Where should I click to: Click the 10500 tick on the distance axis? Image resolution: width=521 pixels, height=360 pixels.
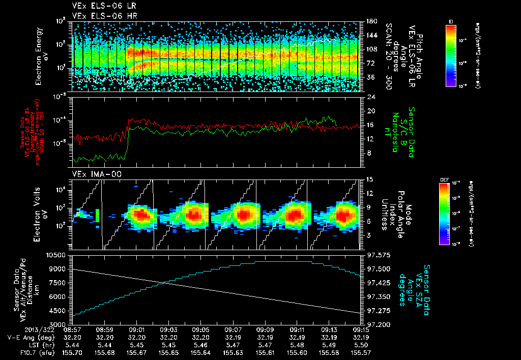tap(57, 254)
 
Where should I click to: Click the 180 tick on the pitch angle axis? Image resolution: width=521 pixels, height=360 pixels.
tap(371, 21)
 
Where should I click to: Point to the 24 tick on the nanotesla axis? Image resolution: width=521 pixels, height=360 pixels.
tap(370, 97)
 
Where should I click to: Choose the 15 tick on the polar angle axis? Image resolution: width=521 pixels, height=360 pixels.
tap(369, 179)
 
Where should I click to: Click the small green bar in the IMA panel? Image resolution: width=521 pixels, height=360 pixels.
tap(97, 215)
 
